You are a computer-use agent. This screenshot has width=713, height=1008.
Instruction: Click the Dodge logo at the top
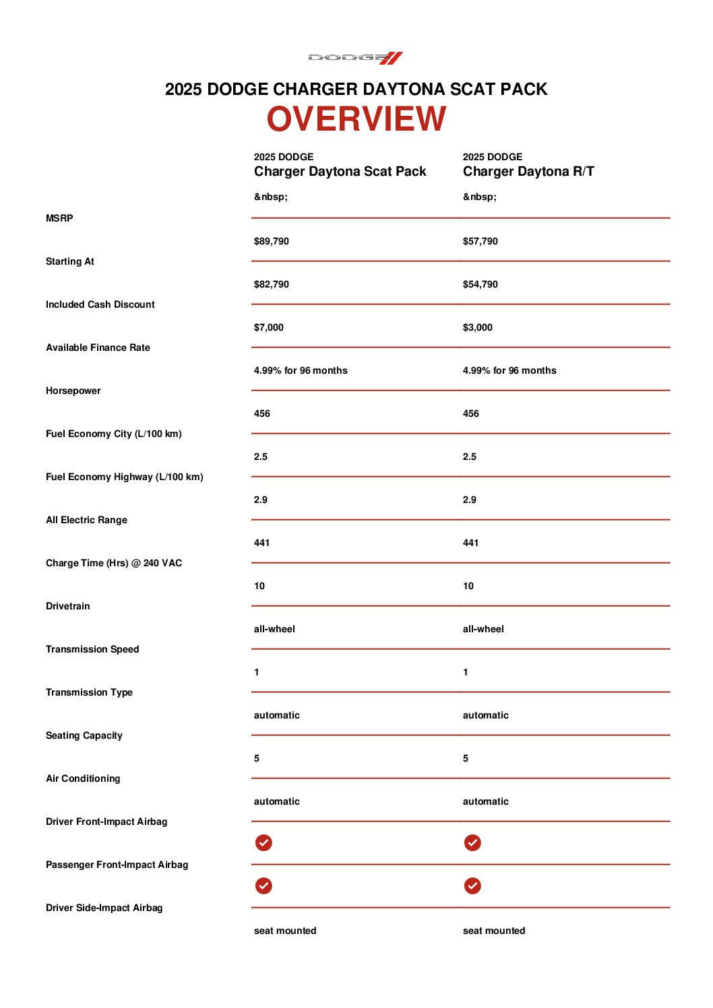pyautogui.click(x=355, y=58)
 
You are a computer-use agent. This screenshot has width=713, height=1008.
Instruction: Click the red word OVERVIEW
pyautogui.click(x=356, y=119)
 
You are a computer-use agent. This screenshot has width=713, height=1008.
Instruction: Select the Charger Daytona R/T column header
pyautogui.click(x=528, y=172)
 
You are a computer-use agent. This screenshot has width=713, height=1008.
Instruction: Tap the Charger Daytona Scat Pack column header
pyautogui.click(x=340, y=172)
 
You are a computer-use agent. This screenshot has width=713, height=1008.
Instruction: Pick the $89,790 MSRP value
pyautogui.click(x=271, y=241)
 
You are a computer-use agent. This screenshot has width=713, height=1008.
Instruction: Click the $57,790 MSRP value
pyautogui.click(x=480, y=241)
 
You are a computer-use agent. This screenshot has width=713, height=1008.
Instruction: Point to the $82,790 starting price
pyautogui.click(x=271, y=284)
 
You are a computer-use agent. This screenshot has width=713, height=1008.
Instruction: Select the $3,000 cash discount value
pyautogui.click(x=477, y=327)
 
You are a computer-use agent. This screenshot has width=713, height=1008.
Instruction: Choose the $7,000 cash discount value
pyautogui.click(x=268, y=327)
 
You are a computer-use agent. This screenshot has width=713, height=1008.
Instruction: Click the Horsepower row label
pyautogui.click(x=73, y=391)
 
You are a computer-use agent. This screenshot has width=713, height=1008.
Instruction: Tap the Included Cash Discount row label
pyautogui.click(x=100, y=304)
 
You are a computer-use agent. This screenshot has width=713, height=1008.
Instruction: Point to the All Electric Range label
pyautogui.click(x=86, y=520)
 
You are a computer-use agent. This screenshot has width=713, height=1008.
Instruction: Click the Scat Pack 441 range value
pyautogui.click(x=261, y=543)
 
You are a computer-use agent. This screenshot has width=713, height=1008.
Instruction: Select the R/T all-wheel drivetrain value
pyautogui.click(x=483, y=629)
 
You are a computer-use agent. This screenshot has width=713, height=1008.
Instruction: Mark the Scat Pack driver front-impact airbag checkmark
pyautogui.click(x=263, y=842)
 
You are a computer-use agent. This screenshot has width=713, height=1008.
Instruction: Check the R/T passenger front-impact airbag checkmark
pyautogui.click(x=472, y=885)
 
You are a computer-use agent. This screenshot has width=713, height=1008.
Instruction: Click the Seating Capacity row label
pyautogui.click(x=84, y=735)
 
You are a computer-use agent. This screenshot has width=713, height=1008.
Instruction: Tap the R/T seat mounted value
pyautogui.click(x=493, y=931)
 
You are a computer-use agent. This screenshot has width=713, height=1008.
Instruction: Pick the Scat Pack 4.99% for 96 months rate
pyautogui.click(x=301, y=370)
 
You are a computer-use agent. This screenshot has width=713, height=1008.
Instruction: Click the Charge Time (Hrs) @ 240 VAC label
pyautogui.click(x=113, y=563)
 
